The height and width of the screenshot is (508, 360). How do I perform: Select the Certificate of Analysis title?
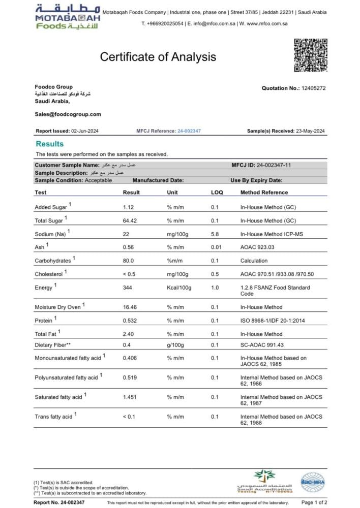(x=158, y=57)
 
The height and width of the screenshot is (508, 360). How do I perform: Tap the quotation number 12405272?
(x=314, y=88)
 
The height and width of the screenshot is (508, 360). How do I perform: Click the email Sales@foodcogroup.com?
(x=68, y=114)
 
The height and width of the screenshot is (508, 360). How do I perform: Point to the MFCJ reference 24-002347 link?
(x=189, y=131)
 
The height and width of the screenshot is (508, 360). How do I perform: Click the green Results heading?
(x=50, y=144)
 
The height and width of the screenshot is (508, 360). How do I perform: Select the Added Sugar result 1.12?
(x=128, y=207)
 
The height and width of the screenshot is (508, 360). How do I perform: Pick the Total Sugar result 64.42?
(x=131, y=221)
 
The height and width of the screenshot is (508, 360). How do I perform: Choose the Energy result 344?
(x=128, y=288)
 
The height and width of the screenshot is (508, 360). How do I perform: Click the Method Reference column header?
(x=264, y=193)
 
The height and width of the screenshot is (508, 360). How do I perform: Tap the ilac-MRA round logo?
(x=312, y=481)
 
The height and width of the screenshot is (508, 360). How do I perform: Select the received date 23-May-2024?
(x=310, y=131)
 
